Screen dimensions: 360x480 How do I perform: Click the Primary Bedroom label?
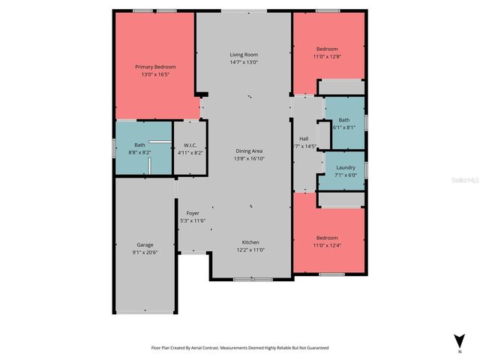coord(154,67)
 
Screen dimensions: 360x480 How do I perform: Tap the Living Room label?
coord(244,55)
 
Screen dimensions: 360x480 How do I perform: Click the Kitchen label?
coord(250,242)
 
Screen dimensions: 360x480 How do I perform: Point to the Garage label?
coord(145,244)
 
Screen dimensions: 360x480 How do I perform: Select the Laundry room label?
coord(345,167)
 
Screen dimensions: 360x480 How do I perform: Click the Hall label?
coord(304,138)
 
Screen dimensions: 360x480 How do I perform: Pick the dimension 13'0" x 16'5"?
coord(154,74)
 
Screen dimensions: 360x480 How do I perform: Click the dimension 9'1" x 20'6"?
coord(145,252)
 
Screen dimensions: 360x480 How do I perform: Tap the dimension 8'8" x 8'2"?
coord(140,152)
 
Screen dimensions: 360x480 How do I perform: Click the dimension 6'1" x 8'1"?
coord(343,127)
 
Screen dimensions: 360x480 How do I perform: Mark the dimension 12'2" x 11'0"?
coord(250,250)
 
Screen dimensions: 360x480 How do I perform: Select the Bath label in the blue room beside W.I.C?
coord(139,145)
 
